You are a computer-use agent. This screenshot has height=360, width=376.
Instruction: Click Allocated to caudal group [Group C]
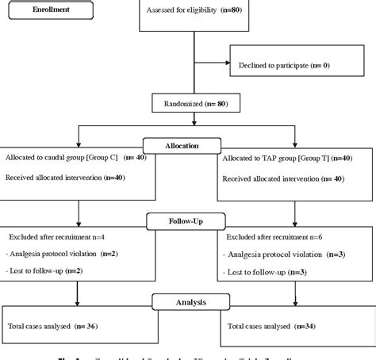click(70, 159)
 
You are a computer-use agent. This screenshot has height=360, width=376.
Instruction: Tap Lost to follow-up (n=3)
click(266, 272)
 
